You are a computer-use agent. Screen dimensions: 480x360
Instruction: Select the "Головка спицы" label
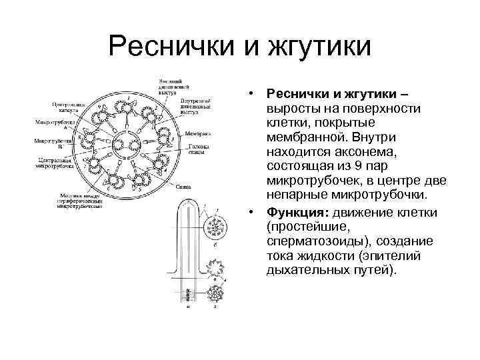(197, 150)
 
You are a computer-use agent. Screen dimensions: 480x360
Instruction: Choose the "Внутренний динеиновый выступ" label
(197, 103)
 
